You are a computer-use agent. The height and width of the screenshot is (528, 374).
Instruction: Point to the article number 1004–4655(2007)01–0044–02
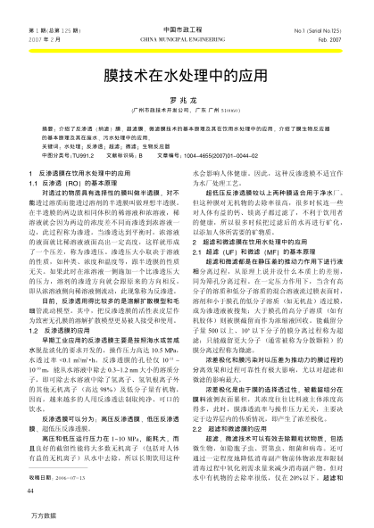(x=268, y=156)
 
